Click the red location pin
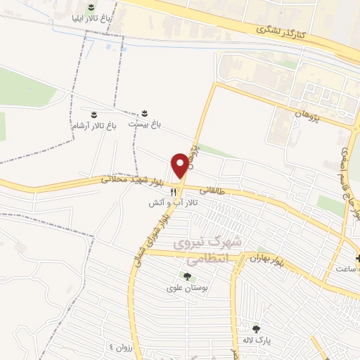click(x=180, y=165)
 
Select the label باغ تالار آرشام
click(x=94, y=124)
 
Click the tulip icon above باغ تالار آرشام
click(x=94, y=113)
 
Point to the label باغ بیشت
click(x=144, y=123)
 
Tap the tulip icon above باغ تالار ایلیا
click(x=89, y=6)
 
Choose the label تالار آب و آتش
click(x=173, y=202)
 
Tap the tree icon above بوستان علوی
click(x=186, y=276)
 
